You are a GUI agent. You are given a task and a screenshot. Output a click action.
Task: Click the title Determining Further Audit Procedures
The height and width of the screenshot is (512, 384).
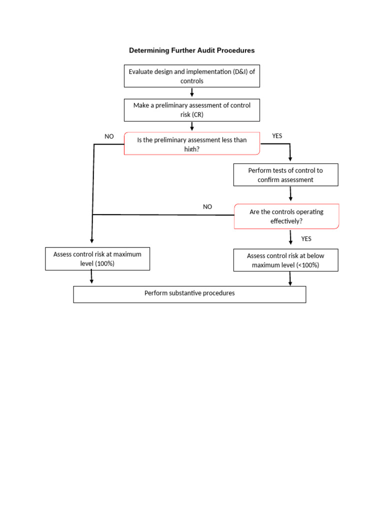click(192, 50)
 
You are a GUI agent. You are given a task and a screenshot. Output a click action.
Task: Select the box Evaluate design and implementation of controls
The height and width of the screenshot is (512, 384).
click(192, 76)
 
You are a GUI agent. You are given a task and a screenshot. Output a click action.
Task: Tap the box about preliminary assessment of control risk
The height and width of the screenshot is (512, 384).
click(192, 110)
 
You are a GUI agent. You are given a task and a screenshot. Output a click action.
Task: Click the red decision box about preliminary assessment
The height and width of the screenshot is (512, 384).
click(192, 143)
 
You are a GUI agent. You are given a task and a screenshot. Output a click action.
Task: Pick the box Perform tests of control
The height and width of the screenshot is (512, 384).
click(285, 175)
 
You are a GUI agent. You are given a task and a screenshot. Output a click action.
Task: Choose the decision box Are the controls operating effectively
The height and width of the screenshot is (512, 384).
click(286, 216)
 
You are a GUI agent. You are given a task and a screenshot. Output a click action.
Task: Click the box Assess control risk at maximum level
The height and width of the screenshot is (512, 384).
click(97, 259)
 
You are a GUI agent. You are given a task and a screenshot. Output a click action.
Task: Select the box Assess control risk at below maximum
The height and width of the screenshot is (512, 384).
click(285, 260)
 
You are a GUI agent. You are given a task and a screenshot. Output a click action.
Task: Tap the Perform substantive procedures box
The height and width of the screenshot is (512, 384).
click(189, 293)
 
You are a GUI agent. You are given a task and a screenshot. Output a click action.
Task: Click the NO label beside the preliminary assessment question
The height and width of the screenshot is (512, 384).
click(109, 136)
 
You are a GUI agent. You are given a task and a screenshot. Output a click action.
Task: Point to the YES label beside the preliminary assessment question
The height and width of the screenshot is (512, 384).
click(277, 136)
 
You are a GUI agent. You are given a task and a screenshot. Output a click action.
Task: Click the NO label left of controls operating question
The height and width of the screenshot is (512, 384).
click(207, 206)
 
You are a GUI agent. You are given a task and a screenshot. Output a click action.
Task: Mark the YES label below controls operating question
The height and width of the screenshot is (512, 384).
click(306, 238)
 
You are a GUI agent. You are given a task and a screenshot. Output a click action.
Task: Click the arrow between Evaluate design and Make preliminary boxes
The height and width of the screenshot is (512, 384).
click(192, 92)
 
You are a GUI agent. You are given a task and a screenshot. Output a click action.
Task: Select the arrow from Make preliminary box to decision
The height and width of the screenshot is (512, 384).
click(192, 126)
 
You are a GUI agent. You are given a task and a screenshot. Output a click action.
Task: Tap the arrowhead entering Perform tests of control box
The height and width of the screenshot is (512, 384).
click(290, 159)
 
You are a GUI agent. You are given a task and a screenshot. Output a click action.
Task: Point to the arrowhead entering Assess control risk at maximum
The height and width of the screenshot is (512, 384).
click(91, 242)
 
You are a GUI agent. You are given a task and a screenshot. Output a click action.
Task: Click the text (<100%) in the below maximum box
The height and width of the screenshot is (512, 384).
click(306, 265)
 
